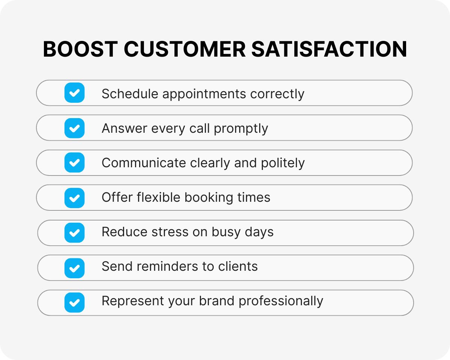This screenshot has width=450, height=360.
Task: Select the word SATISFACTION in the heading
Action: tap(329, 49)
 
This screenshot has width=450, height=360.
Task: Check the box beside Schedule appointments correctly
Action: tap(74, 93)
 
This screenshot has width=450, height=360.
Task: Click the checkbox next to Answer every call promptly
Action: tap(74, 128)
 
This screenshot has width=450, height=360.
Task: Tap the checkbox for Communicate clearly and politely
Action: tap(74, 163)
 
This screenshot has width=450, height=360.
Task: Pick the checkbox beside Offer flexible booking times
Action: tap(74, 198)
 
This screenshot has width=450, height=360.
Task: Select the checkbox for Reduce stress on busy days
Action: tap(74, 232)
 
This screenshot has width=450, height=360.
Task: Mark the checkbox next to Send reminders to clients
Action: tap(74, 267)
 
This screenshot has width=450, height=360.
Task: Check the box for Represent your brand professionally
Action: tap(74, 302)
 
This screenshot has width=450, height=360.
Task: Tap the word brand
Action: tap(217, 301)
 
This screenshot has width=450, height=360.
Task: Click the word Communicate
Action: tap(144, 163)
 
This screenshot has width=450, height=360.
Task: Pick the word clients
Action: tap(238, 267)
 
